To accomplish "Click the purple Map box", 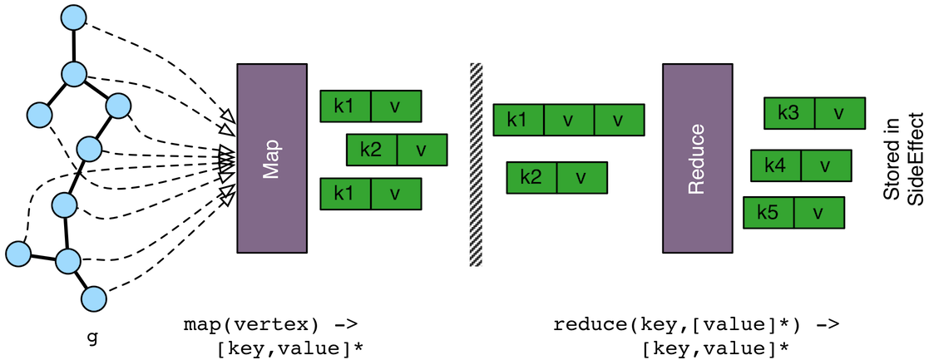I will coord(273,157).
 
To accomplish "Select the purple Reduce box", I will coord(697,158).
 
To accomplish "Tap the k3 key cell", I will coord(789,112).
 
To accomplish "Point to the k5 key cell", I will coord(768,213).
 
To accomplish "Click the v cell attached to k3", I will coord(839,112).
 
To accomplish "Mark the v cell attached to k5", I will coord(818,213).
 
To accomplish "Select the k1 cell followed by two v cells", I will coord(518,120).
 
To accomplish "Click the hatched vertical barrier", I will coord(476,164).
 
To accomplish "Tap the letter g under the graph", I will coord(91,338).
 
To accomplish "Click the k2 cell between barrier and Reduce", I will coord(531,177).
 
